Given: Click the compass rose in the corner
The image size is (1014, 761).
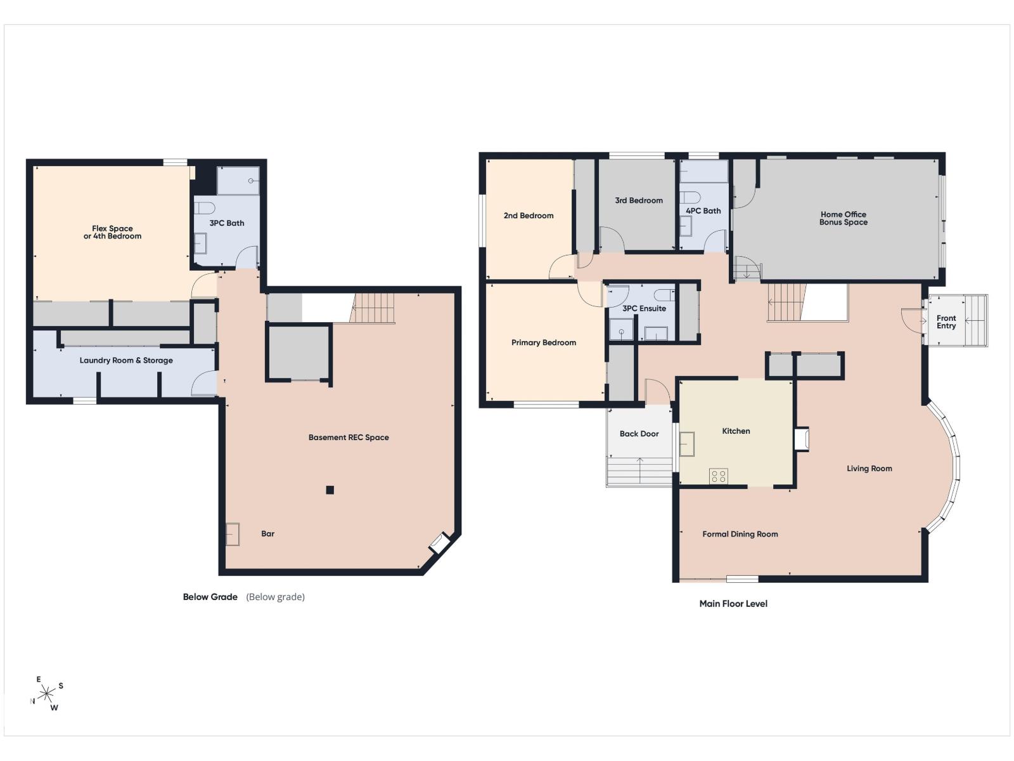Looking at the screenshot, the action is click(x=46, y=694).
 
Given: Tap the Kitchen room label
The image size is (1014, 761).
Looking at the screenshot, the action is click(x=736, y=431).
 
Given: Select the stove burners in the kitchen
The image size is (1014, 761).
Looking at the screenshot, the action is click(x=718, y=476).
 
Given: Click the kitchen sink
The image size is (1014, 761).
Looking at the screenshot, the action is click(x=687, y=444).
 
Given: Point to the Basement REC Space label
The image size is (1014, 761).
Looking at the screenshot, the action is click(x=349, y=438).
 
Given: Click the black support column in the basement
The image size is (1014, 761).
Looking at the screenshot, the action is click(x=330, y=490).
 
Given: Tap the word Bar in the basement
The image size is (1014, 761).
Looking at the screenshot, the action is click(x=268, y=534).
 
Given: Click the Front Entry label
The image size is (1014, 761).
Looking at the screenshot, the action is click(x=946, y=322).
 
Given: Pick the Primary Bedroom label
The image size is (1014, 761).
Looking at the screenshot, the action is click(x=544, y=343).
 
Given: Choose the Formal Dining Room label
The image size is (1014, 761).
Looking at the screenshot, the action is click(x=740, y=534).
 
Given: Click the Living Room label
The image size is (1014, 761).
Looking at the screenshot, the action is click(x=870, y=469).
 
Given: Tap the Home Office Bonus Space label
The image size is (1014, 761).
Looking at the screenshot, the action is click(x=844, y=218).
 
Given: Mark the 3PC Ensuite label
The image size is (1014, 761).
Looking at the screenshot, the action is click(x=645, y=309).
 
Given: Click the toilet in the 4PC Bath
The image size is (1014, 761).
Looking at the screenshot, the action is click(x=690, y=197).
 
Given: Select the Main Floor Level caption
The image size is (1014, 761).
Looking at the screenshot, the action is click(x=734, y=604).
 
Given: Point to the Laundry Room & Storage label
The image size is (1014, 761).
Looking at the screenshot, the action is click(x=126, y=360).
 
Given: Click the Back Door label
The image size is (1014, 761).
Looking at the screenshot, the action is click(x=639, y=434).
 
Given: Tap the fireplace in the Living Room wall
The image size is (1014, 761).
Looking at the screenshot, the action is click(x=802, y=439).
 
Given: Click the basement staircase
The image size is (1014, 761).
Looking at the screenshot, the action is click(x=373, y=308).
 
